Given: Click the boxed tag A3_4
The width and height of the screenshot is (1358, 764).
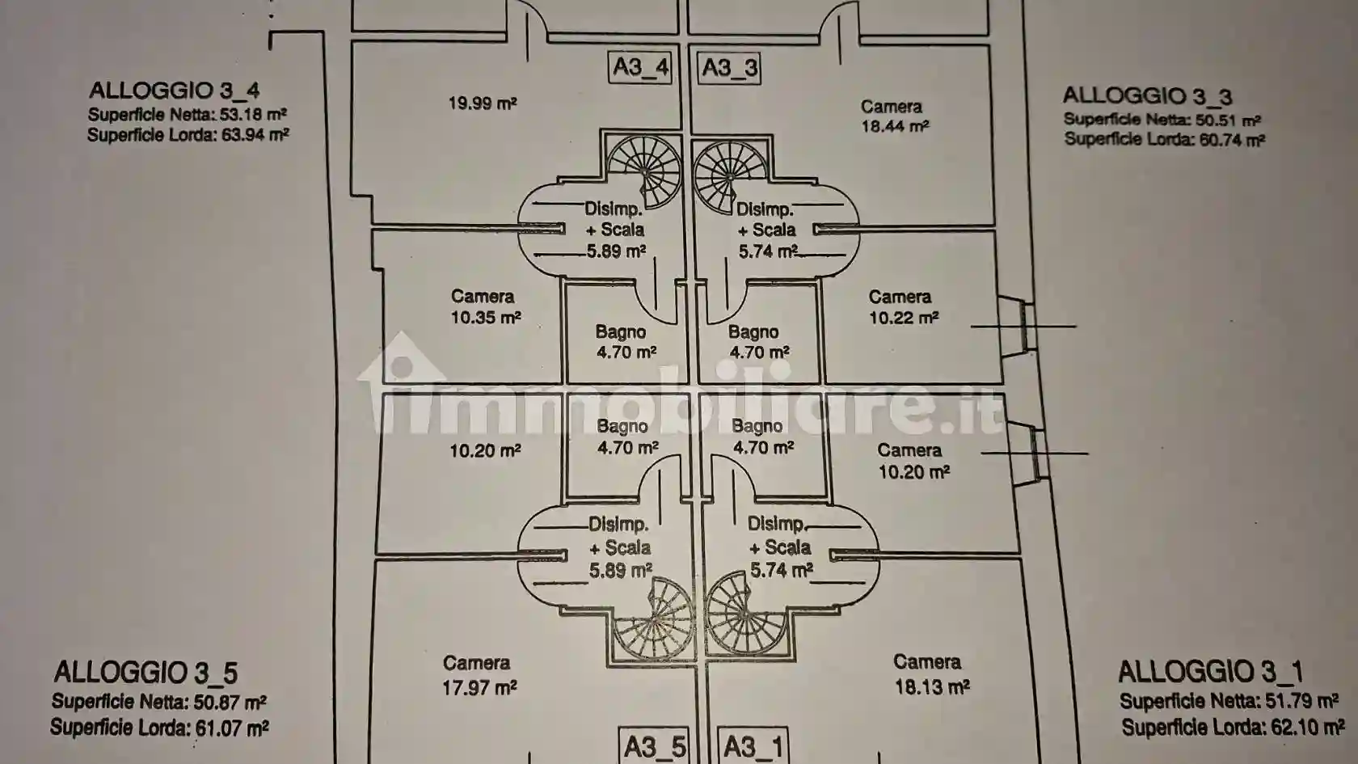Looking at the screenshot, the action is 640,66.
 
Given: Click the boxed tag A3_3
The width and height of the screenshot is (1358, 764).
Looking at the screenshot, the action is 729,68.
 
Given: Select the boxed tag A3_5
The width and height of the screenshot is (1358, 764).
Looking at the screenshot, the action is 655,746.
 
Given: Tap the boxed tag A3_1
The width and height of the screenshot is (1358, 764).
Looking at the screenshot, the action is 753,746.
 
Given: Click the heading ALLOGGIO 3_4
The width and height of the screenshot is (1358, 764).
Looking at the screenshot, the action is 175,91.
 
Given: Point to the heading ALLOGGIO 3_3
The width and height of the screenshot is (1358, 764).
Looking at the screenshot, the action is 1147,95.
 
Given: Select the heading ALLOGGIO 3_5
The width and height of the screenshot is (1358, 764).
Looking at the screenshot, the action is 146,673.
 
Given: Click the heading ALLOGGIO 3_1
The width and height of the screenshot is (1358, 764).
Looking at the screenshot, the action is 1210,672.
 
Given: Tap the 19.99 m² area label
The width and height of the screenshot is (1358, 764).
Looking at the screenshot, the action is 483,103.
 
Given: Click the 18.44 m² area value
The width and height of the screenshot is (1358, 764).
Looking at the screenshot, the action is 896,127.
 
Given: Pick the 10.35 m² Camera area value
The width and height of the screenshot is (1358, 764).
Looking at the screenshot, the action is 487,317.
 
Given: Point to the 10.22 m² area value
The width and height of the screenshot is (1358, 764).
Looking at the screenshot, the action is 904,317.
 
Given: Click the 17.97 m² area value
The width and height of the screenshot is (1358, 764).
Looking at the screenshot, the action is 479,687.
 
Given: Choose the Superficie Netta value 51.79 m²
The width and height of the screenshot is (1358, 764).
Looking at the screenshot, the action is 1301,702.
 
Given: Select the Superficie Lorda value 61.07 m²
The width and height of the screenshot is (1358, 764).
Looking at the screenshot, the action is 231,728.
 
